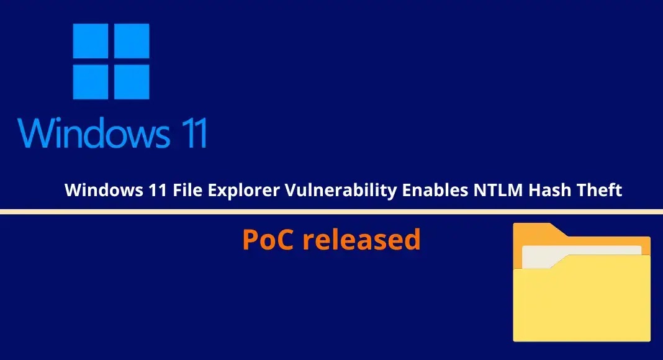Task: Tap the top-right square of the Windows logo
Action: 130,42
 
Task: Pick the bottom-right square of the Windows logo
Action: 130,82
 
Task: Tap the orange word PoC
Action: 268,240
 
